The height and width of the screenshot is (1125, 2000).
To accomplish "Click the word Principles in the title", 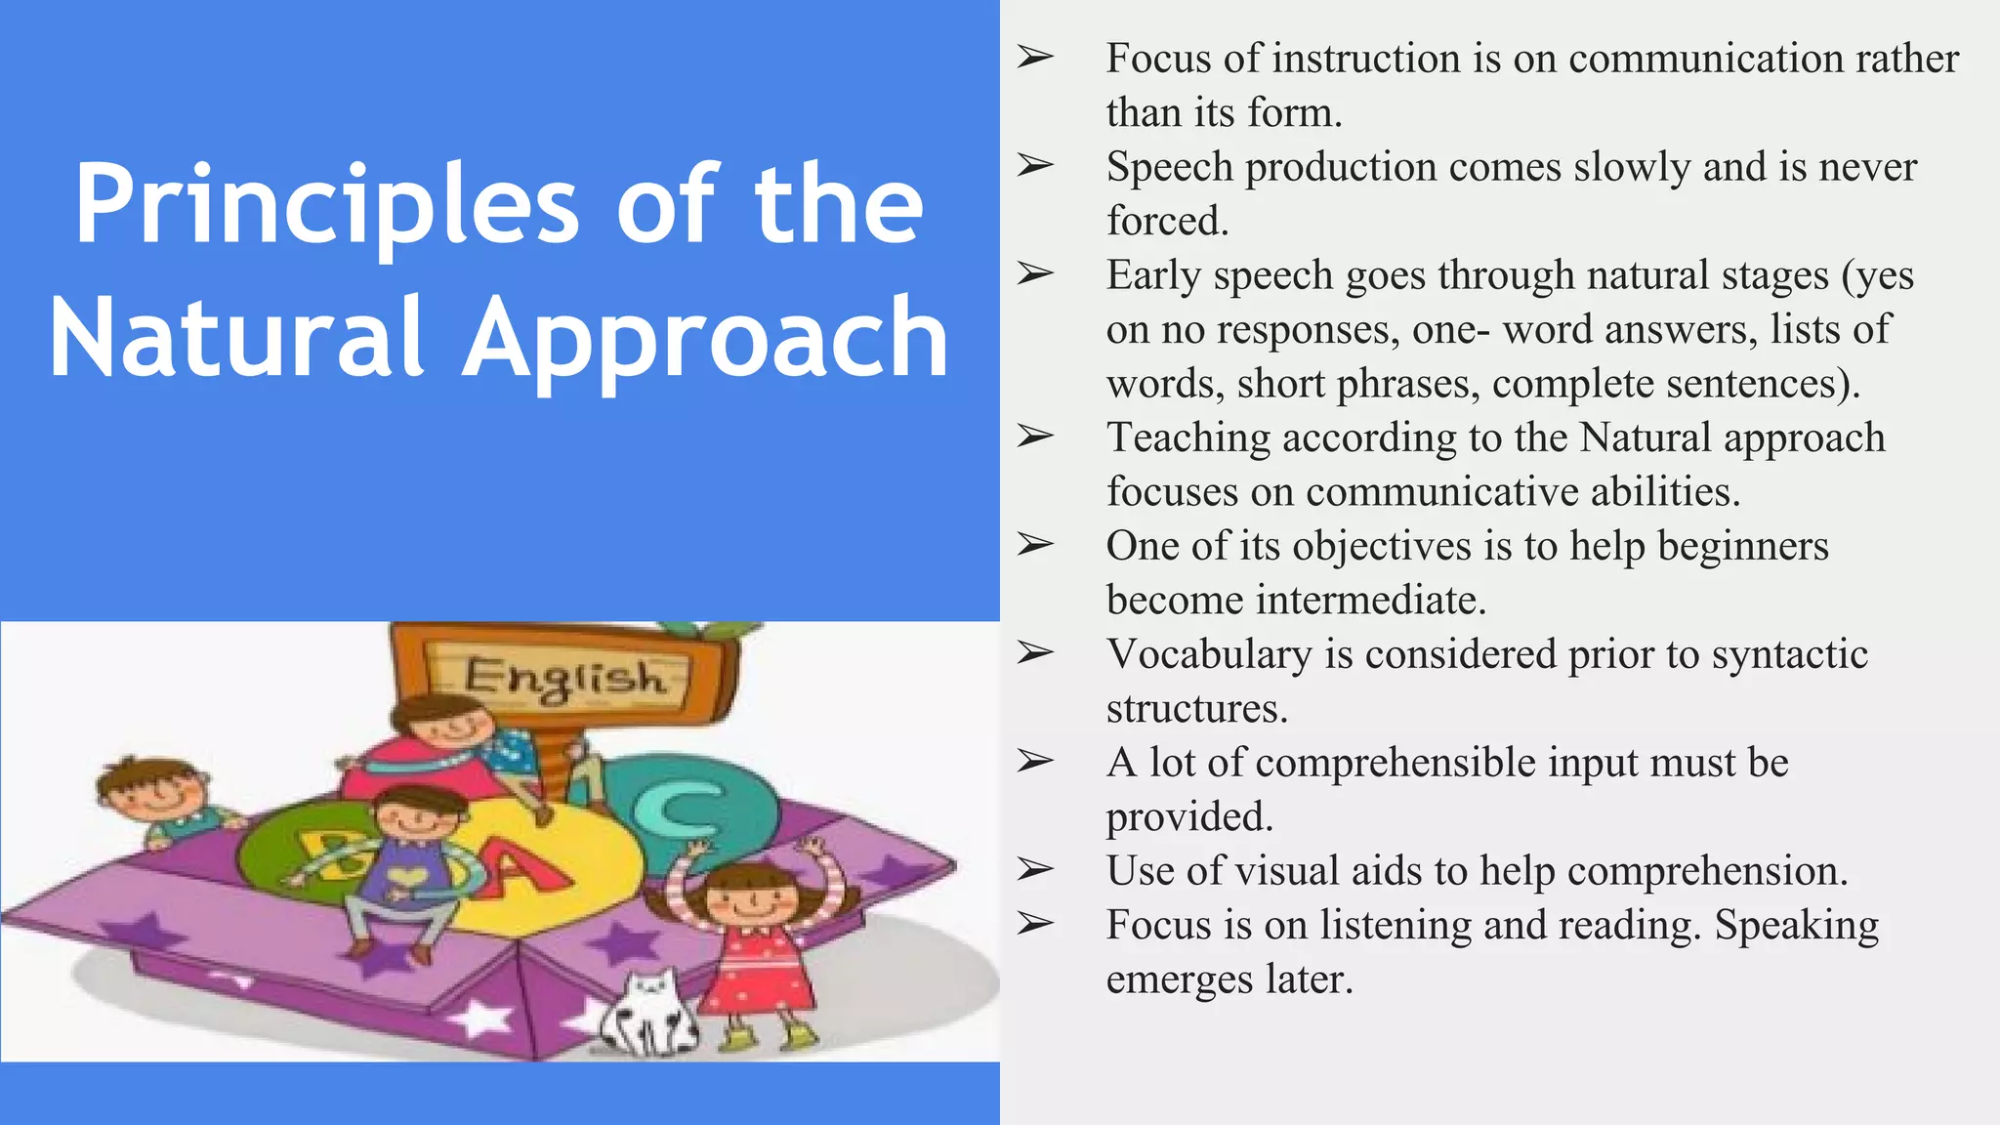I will [x=327, y=205].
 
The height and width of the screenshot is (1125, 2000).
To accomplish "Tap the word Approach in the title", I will [x=705, y=339].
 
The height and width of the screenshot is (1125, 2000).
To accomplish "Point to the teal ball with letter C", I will [x=684, y=806].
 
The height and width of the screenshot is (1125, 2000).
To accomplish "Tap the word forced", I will [x=1167, y=221].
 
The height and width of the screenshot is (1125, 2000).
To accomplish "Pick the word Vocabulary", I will [x=1209, y=654].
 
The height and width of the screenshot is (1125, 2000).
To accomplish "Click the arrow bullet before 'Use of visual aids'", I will [x=1035, y=869].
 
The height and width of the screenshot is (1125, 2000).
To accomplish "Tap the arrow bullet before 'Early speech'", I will [x=1035, y=273].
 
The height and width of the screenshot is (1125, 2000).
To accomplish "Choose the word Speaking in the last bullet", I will [x=1796, y=926].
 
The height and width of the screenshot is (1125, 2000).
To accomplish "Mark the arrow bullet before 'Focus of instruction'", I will [x=1035, y=57].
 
